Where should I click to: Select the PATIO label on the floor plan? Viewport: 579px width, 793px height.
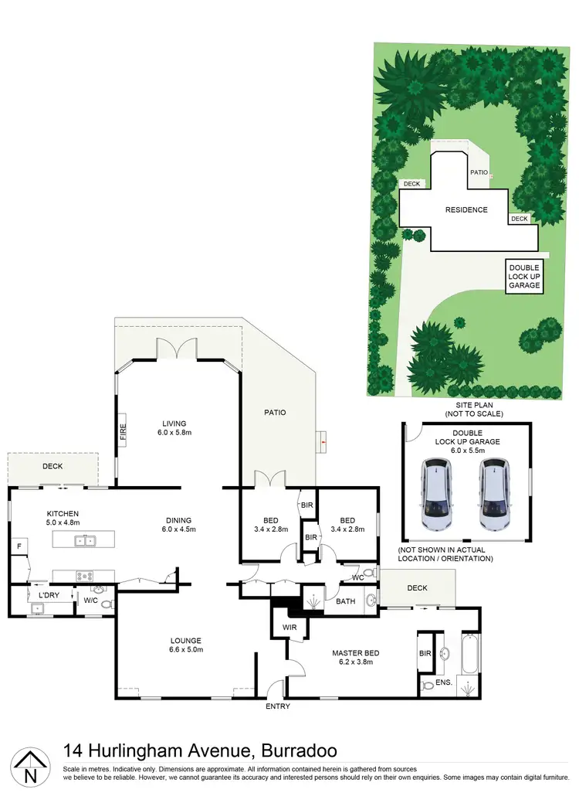275,413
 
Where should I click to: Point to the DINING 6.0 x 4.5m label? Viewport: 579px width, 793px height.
178,525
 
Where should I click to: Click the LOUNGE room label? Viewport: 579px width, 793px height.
186,645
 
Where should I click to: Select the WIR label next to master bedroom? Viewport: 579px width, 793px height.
290,627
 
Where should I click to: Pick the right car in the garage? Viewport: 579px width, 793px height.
493,495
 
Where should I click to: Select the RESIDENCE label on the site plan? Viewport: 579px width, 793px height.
466,210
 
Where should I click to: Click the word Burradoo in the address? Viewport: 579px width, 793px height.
300,750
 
